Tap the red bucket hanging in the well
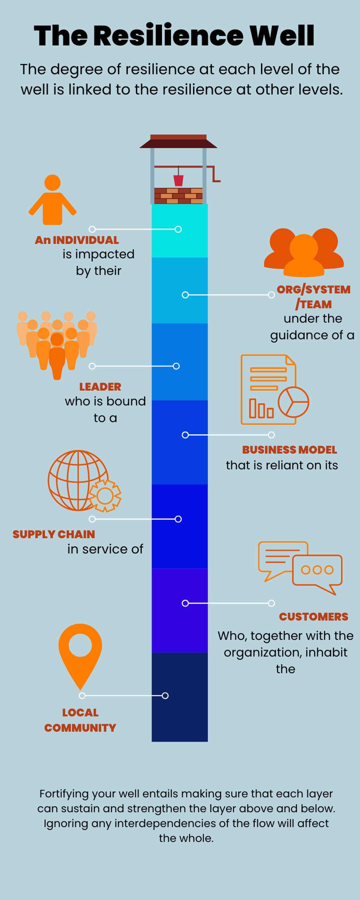178,180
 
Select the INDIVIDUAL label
85,240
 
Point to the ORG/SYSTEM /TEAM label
313,297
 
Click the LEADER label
100,387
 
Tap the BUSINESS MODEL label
289,450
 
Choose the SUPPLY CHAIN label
54,534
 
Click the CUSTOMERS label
313,616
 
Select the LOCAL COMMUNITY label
80,720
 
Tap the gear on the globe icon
105,496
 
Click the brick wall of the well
178,196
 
